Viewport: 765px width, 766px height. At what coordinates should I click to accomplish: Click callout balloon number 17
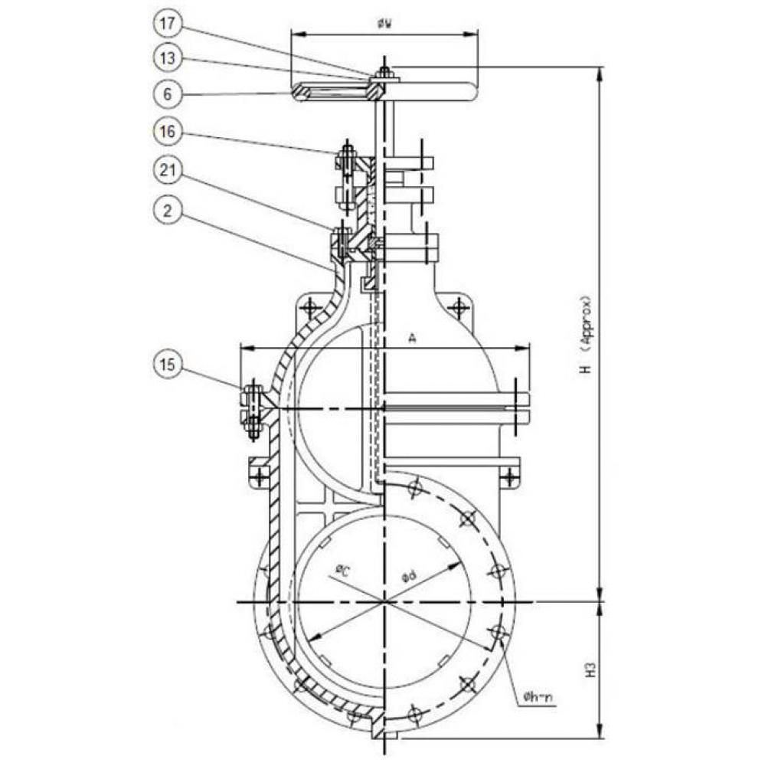(x=168, y=24)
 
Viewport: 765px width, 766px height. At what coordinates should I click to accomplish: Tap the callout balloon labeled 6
(x=168, y=94)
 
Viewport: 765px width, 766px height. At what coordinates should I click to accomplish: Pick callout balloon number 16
(x=168, y=133)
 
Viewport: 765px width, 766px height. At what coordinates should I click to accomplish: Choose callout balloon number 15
(x=168, y=365)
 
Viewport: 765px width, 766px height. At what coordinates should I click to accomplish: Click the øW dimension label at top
(x=384, y=24)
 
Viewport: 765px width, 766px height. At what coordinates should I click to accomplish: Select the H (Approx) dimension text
(x=587, y=334)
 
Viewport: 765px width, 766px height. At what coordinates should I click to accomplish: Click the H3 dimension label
(x=590, y=671)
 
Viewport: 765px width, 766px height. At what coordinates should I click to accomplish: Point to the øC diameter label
(x=343, y=571)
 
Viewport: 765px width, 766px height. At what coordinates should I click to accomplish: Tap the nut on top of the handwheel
(x=385, y=74)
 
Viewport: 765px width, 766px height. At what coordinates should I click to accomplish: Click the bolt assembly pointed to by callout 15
(x=253, y=411)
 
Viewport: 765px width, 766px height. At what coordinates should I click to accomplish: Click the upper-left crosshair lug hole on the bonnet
(x=309, y=308)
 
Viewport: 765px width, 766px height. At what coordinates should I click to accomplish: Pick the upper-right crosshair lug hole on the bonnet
(x=458, y=308)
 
